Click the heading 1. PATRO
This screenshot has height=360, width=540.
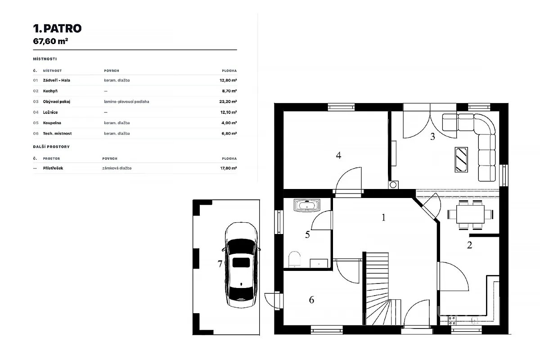58,28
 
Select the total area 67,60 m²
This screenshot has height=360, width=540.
50,41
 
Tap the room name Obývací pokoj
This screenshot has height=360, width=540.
56,102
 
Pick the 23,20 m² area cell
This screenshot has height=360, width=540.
228,102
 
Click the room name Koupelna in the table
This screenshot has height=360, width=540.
52,123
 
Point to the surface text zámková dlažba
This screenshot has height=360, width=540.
117,168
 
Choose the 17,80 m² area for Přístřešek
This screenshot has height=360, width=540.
228,168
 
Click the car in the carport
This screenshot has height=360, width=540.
241,265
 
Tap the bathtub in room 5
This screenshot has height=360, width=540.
307,206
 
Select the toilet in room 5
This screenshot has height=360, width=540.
294,259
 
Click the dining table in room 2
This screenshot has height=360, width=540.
470,214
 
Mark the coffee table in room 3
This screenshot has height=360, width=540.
461,160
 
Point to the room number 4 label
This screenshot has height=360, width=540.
338,156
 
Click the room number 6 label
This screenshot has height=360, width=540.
311,300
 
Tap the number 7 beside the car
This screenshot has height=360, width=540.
220,264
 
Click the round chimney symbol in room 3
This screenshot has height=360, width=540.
393,185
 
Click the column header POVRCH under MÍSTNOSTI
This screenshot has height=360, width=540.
112,71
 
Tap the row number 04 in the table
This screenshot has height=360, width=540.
36,112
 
